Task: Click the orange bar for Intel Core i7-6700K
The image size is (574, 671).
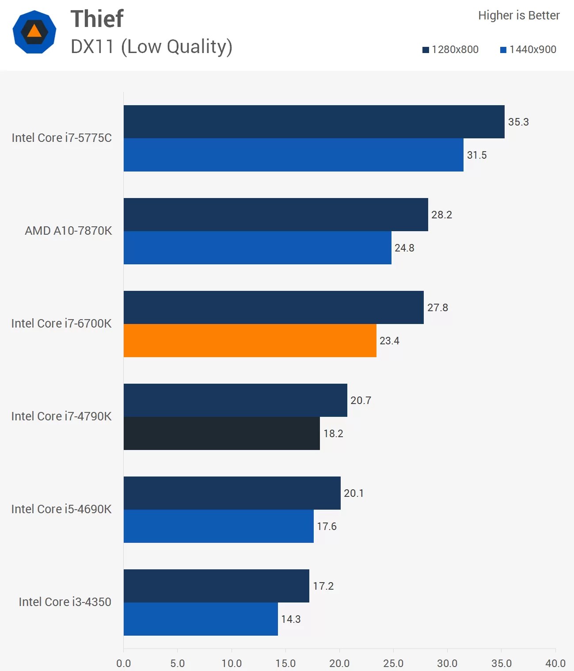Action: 250,340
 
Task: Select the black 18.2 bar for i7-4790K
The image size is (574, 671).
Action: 221,433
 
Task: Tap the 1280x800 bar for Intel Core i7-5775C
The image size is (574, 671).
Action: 314,122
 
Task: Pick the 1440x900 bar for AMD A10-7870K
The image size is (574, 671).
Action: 257,248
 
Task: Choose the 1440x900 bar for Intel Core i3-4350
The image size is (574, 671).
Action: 201,619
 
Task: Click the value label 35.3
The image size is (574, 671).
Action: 518,122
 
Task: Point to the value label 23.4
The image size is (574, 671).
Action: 389,341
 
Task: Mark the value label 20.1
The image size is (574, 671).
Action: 354,493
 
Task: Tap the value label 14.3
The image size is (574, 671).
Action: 291,619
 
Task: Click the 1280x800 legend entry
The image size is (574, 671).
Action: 451,50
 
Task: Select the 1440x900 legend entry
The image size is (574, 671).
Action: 528,50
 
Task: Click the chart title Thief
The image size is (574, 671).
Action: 97,19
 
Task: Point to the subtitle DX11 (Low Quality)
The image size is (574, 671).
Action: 152,47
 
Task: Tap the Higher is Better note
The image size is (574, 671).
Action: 519,15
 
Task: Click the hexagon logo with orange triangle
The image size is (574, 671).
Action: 34,32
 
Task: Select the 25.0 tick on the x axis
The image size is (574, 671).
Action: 393,663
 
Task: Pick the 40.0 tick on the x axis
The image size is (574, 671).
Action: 555,663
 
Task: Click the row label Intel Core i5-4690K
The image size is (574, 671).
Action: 61,509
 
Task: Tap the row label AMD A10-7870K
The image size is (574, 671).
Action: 68,231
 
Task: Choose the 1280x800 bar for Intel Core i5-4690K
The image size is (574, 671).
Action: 232,493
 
